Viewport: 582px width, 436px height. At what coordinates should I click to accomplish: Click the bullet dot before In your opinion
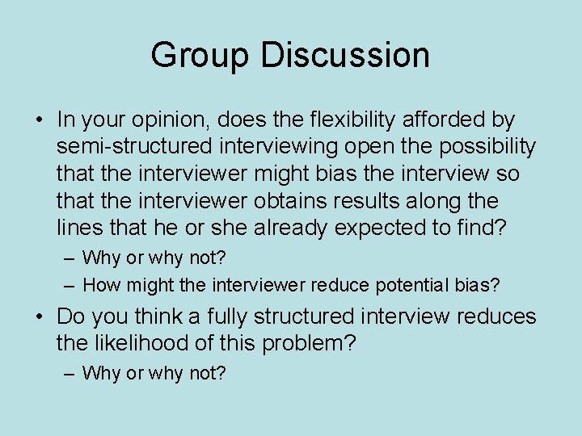click(x=39, y=121)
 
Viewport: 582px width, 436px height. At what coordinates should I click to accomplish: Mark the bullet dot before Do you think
click(x=39, y=317)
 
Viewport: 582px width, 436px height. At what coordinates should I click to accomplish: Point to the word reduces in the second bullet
click(x=496, y=317)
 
